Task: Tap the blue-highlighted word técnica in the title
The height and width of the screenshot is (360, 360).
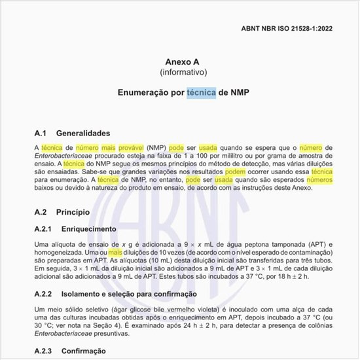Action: click(201, 93)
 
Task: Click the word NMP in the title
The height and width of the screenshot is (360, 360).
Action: click(240, 93)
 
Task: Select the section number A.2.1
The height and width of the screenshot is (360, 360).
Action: click(45, 230)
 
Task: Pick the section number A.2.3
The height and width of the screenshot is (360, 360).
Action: click(45, 351)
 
